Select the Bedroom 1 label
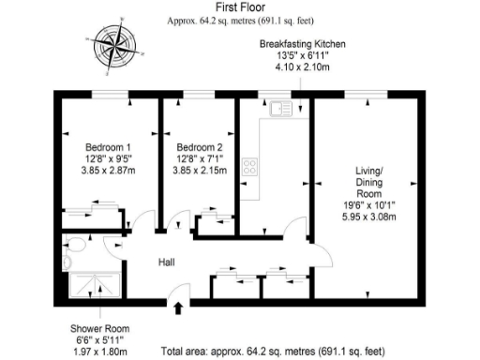(x=108, y=147)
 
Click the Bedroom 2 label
(x=199, y=147)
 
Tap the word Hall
(x=167, y=262)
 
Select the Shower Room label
(x=98, y=328)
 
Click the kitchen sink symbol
(x=279, y=110)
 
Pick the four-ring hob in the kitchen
(x=251, y=168)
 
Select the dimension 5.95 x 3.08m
(x=369, y=217)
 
